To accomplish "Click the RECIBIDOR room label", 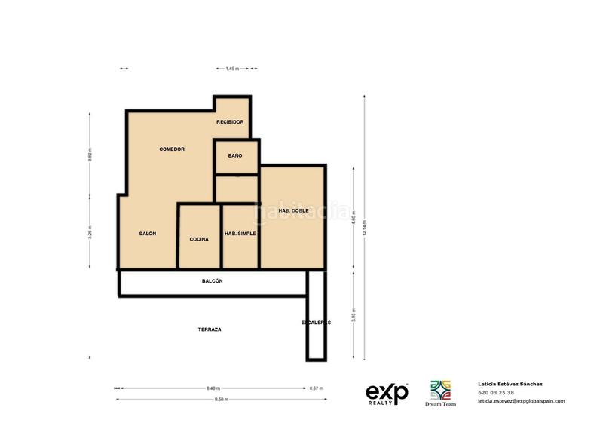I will tap(230, 121).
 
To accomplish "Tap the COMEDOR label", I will tap(172, 149).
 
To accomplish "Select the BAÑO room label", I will tap(235, 155).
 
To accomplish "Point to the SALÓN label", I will tap(148, 234).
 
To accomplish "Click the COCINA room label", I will tap(199, 239).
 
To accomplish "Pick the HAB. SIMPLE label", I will tap(240, 234).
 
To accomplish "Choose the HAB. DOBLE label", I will tap(294, 210).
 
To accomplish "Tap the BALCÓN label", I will tap(213, 280).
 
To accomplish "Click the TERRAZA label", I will tap(210, 329).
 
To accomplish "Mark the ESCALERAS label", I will tap(316, 323).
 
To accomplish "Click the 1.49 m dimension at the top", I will tap(232, 69).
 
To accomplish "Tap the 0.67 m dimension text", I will tap(316, 388).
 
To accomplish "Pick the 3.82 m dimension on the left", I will tap(90, 155).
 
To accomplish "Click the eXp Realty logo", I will tap(387, 394).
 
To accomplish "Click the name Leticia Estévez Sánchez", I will tap(510, 384).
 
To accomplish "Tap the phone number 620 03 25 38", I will tap(496, 392).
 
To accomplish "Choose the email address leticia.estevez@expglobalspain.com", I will tap(521, 401).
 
